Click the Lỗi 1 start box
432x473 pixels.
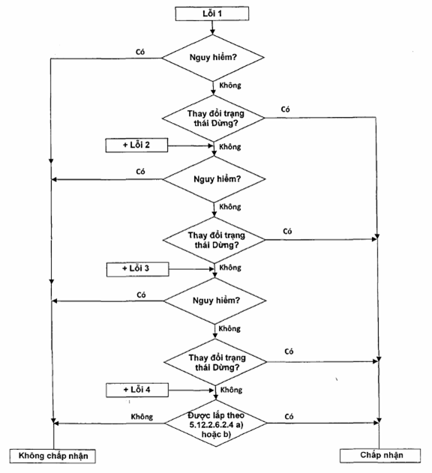pos(212,13)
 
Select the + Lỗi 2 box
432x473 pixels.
pos(136,145)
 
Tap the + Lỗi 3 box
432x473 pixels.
pos(137,269)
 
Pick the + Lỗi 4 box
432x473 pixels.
pos(137,390)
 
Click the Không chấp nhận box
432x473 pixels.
pos(52,456)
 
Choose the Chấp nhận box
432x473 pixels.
pos(380,456)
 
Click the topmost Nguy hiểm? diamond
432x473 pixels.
pos(213,58)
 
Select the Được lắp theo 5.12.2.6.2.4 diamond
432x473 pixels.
pos(215,424)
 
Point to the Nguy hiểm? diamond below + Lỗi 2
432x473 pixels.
pos(214,179)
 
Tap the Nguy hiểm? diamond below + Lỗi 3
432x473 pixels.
pos(214,301)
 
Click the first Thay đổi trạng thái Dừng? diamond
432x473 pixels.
pos(214,118)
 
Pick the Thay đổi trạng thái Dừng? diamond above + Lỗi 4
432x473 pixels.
pos(215,362)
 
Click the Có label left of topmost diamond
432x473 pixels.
pos(140,52)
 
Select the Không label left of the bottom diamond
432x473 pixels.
pos(142,417)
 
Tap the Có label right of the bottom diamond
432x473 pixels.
pos(289,417)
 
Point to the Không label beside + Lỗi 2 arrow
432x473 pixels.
pos(230,147)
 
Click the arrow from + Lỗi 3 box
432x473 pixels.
pos(191,269)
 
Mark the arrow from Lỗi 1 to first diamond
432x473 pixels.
pos(212,28)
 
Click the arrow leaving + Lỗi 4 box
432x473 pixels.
pos(191,391)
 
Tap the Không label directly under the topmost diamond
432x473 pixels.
pos(230,85)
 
